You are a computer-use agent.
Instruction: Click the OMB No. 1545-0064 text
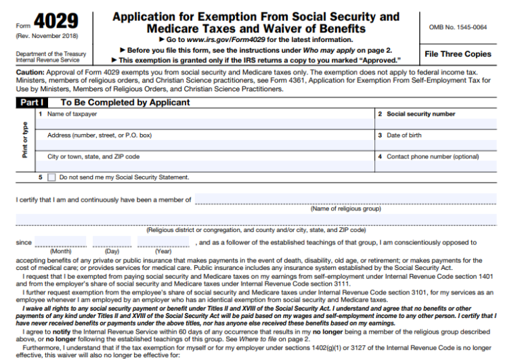click(458, 27)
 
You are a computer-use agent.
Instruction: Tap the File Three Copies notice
click(458, 54)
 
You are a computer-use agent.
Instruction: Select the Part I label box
click(31, 103)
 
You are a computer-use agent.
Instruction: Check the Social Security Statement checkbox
click(51, 177)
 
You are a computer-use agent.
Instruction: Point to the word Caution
click(29, 71)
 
